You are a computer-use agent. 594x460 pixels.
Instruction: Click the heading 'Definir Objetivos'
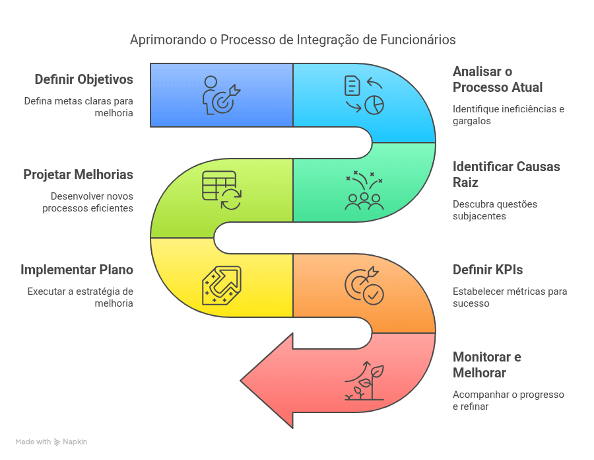(84, 79)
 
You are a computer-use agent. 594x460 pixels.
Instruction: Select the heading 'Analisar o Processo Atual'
(498, 79)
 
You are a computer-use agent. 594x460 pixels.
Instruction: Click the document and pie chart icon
(364, 95)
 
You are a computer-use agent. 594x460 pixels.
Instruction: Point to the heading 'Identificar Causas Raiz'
(506, 174)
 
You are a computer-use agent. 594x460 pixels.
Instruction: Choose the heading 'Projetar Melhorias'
(78, 175)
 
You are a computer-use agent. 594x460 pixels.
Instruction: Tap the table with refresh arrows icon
(222, 190)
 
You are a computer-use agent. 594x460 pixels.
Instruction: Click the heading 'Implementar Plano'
(77, 270)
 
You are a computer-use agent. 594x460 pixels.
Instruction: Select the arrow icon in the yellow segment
(222, 286)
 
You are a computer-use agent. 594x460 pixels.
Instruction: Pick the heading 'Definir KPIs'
(488, 270)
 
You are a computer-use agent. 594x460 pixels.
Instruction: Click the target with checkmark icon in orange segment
(364, 286)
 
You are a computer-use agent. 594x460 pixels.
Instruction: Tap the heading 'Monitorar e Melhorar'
(487, 365)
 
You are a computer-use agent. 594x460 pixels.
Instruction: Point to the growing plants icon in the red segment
(364, 381)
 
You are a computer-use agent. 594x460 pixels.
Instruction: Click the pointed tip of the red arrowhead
(240, 381)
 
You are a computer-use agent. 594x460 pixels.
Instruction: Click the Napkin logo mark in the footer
(57, 441)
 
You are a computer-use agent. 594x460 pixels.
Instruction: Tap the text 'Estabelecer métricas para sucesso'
(510, 297)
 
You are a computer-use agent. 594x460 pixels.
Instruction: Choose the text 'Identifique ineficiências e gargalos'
(508, 115)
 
